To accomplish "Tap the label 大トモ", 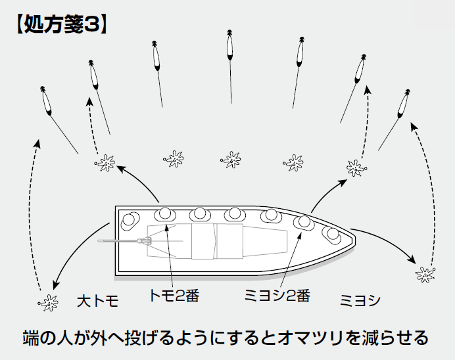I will [97, 302].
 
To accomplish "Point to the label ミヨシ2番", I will [277, 296].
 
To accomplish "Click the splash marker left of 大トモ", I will [47, 303].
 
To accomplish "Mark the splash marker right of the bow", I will [425, 272].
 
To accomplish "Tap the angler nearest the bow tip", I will [331, 233].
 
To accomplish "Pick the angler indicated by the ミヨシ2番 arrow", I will [304, 222].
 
